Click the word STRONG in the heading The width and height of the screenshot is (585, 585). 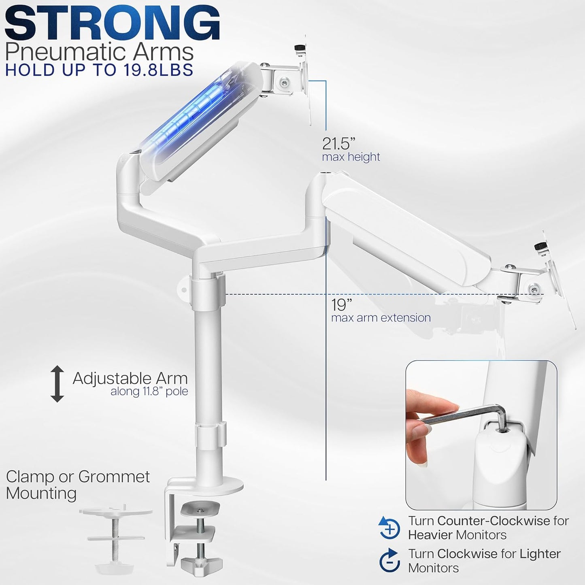(x=112, y=23)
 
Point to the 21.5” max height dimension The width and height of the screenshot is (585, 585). (x=339, y=144)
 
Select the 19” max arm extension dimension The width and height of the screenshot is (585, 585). (x=341, y=304)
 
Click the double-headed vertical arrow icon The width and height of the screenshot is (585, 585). (x=57, y=383)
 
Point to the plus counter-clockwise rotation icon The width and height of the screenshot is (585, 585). (x=389, y=528)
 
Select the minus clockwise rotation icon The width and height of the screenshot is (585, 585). (x=389, y=560)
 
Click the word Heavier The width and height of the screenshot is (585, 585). (x=430, y=535)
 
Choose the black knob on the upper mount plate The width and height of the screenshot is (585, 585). (x=300, y=49)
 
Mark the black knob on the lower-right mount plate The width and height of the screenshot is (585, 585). (x=539, y=246)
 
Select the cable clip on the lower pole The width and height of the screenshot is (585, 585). (x=209, y=436)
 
